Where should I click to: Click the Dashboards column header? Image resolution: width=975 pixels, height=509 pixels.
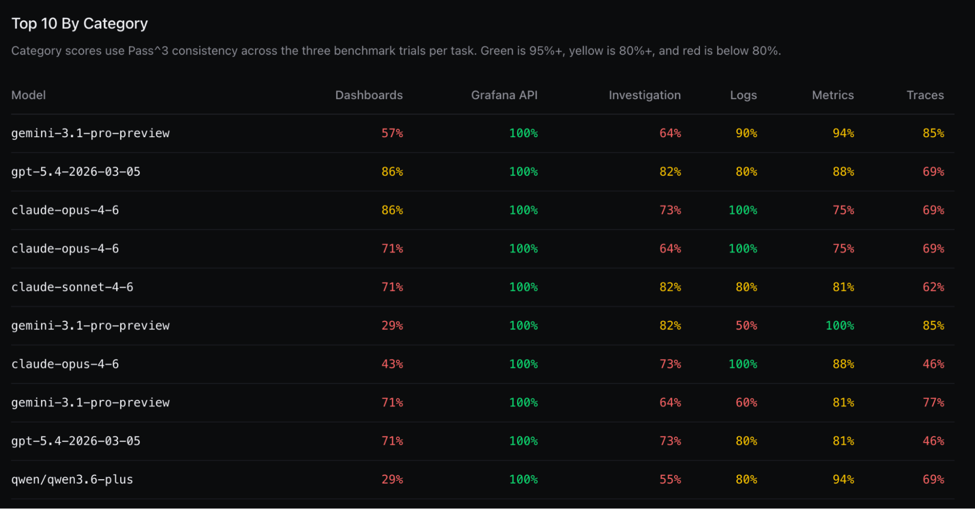369,95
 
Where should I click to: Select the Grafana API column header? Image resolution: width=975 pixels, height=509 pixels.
504,95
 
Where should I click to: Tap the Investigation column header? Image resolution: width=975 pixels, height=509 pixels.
644,95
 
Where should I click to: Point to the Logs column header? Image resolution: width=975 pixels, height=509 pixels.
743,95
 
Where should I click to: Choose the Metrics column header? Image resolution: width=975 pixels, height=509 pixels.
833,95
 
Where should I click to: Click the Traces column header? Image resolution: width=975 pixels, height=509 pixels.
925,95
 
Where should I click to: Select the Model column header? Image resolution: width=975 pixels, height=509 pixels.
28,95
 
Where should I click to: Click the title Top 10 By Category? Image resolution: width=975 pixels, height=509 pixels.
80,23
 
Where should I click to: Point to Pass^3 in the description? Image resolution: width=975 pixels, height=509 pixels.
148,51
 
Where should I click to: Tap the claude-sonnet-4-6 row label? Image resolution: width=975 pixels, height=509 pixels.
72,287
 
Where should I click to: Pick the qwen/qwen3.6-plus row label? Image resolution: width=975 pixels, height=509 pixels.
72,479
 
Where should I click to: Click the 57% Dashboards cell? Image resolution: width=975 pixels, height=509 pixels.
392,133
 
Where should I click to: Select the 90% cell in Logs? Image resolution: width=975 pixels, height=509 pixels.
746,133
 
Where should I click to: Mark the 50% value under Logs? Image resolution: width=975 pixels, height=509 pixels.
746,326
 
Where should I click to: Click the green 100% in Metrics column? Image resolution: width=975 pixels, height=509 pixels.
839,326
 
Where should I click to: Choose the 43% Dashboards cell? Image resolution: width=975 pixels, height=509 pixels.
392,364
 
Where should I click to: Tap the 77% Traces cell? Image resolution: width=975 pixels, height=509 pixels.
933,403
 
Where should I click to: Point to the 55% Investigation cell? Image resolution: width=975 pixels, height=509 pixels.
670,479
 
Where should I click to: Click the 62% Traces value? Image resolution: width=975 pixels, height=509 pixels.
933,287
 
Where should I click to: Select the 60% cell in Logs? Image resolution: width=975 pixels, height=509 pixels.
746,403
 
